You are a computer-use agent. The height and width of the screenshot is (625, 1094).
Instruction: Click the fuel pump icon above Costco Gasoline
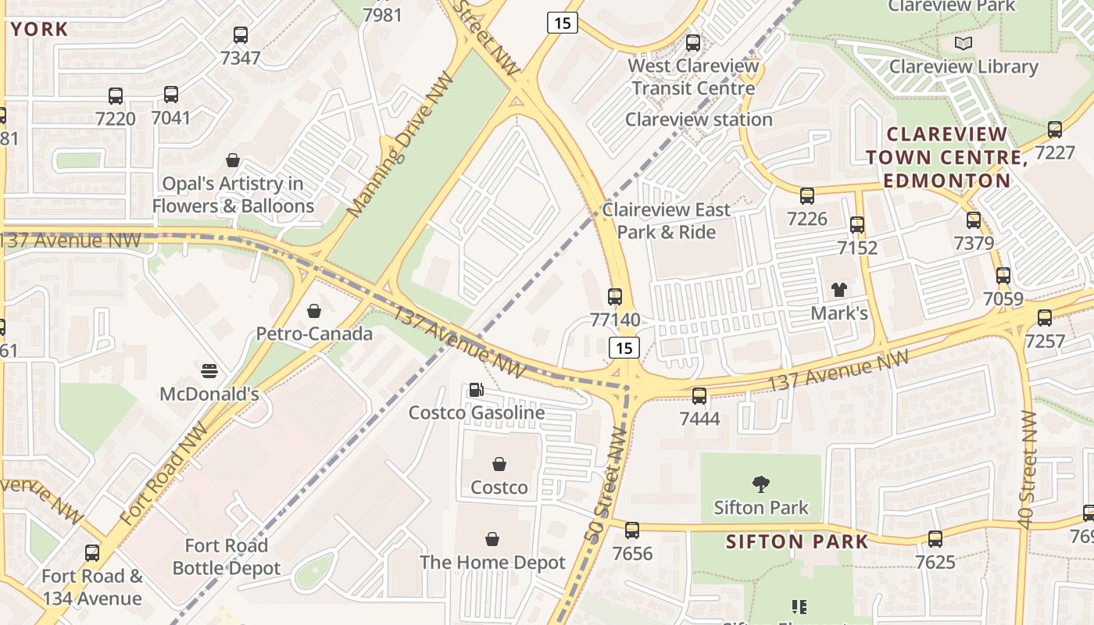475,390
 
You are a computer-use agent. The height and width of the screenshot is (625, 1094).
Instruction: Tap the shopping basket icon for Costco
499,465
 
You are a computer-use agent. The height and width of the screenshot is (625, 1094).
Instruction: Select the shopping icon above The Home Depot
492,539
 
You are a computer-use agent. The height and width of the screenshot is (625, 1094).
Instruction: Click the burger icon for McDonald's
209,370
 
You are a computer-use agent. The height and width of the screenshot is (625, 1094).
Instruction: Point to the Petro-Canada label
314,334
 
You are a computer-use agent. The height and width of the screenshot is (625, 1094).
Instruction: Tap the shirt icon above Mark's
839,290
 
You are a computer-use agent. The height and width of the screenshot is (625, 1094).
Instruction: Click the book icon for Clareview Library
964,43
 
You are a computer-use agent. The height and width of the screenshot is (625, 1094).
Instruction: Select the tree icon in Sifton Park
760,484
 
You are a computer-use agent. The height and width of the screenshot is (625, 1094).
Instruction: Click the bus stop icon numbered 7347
241,35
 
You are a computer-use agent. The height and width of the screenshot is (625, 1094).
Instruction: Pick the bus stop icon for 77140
615,297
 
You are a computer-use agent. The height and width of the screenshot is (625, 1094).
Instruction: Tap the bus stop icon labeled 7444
699,396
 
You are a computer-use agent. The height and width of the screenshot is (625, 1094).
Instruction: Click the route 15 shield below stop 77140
624,348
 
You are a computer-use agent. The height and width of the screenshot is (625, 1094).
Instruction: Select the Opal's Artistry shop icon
233,161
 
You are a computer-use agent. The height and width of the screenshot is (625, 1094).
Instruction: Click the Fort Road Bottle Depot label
226,556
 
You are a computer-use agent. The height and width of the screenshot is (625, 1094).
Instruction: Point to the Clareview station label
699,120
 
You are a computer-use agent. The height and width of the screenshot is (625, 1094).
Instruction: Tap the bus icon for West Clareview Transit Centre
693,43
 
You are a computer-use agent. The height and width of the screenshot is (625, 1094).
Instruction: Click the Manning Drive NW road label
400,145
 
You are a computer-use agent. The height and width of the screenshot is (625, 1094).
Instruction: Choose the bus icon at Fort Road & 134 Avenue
92,553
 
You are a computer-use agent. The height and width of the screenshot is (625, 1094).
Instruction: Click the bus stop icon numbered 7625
935,539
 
